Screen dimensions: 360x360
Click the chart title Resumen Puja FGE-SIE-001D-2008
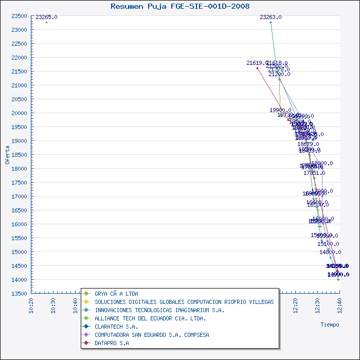pyautogui.click(x=180, y=6)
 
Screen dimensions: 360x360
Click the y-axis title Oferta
pyautogui.click(x=7, y=154)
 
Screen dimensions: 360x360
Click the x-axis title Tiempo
pyautogui.click(x=330, y=325)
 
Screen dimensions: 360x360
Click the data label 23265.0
pyautogui.click(x=46, y=17)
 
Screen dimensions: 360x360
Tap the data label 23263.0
pyautogui.click(x=271, y=17)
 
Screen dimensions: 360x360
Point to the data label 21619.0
pyautogui.click(x=257, y=63)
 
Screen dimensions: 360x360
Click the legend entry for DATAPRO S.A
pyautogui.click(x=112, y=343)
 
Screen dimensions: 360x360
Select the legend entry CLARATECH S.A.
pyautogui.click(x=116, y=327)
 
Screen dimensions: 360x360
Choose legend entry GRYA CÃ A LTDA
pyautogui.click(x=116, y=294)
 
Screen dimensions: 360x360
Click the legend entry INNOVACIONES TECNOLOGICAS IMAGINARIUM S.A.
pyautogui.click(x=159, y=310)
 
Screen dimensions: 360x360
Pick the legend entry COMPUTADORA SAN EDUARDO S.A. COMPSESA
pyautogui.click(x=152, y=335)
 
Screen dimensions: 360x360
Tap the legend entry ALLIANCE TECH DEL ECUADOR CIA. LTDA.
pyautogui.click(x=150, y=318)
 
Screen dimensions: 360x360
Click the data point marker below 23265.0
pyautogui.click(x=46, y=23)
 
